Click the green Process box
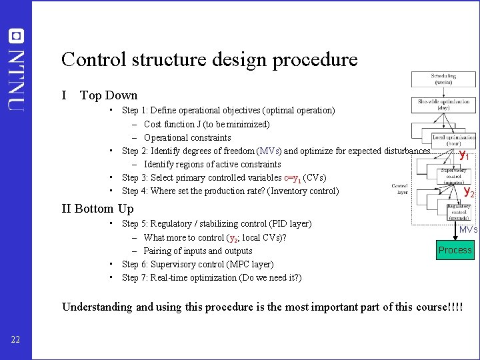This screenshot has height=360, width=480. pos(455,250)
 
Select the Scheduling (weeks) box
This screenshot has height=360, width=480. pos(443,79)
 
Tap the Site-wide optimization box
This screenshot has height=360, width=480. pos(443,105)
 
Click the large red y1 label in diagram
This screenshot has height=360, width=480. pos(464,156)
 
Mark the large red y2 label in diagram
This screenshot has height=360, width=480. pos(469,192)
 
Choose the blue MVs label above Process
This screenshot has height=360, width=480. pos(468,229)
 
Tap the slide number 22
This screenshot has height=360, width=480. pos(16,341)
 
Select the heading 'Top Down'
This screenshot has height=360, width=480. pos(109,95)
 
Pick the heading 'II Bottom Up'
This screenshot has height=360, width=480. pos(97,209)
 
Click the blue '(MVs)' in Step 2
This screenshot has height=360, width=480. pos(269,151)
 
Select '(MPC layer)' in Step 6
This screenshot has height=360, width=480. pos(249,264)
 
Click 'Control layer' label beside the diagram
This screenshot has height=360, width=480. pos(400,189)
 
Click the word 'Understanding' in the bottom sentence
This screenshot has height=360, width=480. pos(97,307)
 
